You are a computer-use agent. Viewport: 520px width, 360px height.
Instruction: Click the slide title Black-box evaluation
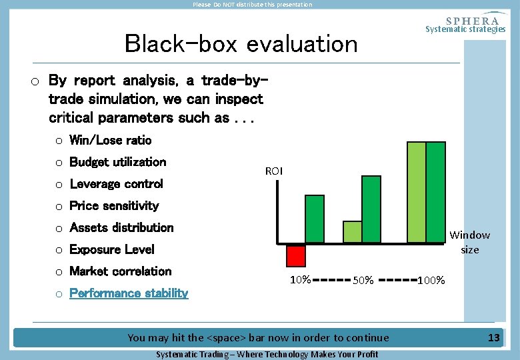pyautogui.click(x=241, y=44)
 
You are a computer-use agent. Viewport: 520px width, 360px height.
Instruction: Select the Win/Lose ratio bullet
pyautogui.click(x=110, y=140)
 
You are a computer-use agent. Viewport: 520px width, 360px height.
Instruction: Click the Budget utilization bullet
pyautogui.click(x=117, y=162)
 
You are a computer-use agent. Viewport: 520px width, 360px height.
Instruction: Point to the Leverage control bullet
pyautogui.click(x=116, y=184)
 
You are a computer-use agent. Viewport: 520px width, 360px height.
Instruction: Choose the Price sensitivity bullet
pyautogui.click(x=114, y=206)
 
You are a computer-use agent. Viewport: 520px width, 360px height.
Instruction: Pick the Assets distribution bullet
pyautogui.click(x=121, y=228)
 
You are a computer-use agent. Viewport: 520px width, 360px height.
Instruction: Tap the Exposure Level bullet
pyautogui.click(x=111, y=250)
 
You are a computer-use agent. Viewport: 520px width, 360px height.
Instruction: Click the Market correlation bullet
pyautogui.click(x=120, y=271)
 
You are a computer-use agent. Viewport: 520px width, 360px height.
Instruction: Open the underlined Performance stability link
pyautogui.click(x=129, y=293)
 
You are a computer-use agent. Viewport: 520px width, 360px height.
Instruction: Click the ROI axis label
pyautogui.click(x=273, y=171)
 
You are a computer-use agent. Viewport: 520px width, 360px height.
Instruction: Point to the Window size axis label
pyautogui.click(x=469, y=242)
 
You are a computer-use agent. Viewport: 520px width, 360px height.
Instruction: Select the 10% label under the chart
pyautogui.click(x=300, y=279)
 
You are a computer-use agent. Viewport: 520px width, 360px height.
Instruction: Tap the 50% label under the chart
pyautogui.click(x=363, y=280)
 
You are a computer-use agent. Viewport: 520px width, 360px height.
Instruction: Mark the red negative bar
pyautogui.click(x=296, y=255)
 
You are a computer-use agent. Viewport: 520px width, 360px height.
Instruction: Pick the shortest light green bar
pyautogui.click(x=352, y=231)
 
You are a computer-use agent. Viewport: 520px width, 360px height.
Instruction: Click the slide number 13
pyautogui.click(x=493, y=338)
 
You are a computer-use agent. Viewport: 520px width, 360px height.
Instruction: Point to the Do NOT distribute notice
pyautogui.click(x=252, y=5)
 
